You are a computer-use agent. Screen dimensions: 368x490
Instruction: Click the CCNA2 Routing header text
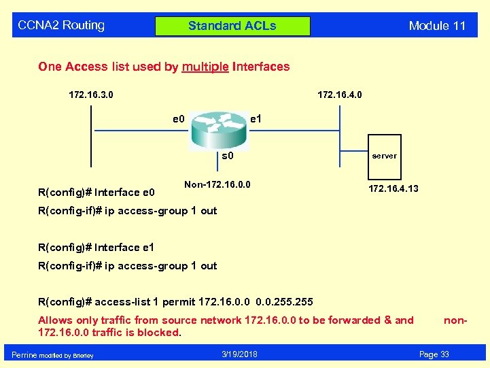(61, 26)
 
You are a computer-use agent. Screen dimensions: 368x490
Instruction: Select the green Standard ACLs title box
(232, 27)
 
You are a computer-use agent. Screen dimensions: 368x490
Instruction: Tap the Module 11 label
(437, 27)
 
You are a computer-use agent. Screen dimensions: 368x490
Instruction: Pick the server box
(384, 156)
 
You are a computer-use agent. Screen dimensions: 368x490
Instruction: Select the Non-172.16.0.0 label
(217, 184)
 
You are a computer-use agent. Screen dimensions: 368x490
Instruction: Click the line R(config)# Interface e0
(97, 192)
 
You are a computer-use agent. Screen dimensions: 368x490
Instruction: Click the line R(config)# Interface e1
(97, 248)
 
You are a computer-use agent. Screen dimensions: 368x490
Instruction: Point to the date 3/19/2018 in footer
(239, 354)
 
